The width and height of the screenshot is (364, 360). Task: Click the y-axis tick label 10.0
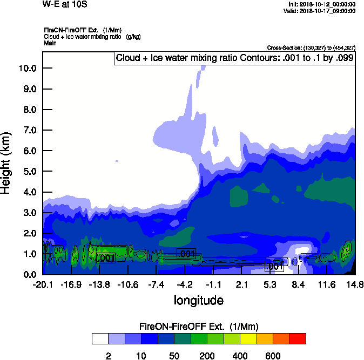27,69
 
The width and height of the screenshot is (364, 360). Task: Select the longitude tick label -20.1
42,285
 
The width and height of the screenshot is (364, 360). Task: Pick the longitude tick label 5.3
270,285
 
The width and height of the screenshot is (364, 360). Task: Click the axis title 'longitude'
198,300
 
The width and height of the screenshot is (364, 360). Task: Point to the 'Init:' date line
322,4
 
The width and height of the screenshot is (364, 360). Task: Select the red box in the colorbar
298,339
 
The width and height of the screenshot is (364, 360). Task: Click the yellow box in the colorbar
248,339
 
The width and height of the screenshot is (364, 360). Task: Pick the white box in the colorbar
100,339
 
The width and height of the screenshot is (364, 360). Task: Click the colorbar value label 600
273,356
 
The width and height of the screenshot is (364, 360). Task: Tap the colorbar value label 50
174,356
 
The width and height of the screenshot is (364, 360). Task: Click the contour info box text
234,58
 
